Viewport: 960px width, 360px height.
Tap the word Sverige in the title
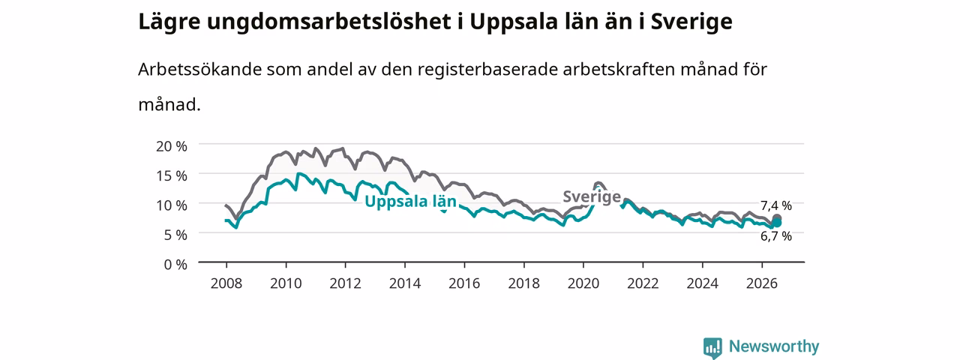click(x=691, y=22)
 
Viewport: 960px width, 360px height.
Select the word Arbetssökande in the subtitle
click(x=199, y=70)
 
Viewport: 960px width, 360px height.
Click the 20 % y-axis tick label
click(x=172, y=146)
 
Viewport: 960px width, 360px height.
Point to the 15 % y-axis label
click(x=172, y=176)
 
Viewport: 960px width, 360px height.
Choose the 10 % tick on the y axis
click(x=172, y=205)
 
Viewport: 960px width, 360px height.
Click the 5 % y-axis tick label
click(x=175, y=235)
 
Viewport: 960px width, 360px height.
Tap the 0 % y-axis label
click(x=175, y=265)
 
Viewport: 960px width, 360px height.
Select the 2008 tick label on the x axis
click(x=226, y=283)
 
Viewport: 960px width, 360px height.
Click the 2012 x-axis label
click(x=346, y=283)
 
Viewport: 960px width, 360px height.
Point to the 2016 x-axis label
click(x=464, y=283)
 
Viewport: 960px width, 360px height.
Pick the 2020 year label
click(x=583, y=283)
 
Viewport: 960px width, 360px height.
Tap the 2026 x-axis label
click(x=762, y=283)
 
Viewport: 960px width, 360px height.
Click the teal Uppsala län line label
click(x=410, y=202)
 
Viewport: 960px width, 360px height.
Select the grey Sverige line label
click(x=592, y=196)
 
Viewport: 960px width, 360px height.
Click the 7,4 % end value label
click(x=776, y=206)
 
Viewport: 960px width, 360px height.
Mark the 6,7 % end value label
click(x=776, y=236)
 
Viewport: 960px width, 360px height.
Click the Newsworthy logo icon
click(x=712, y=347)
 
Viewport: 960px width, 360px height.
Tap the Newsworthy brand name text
click(x=774, y=346)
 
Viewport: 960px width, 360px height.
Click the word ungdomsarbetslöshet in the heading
click(x=328, y=22)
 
